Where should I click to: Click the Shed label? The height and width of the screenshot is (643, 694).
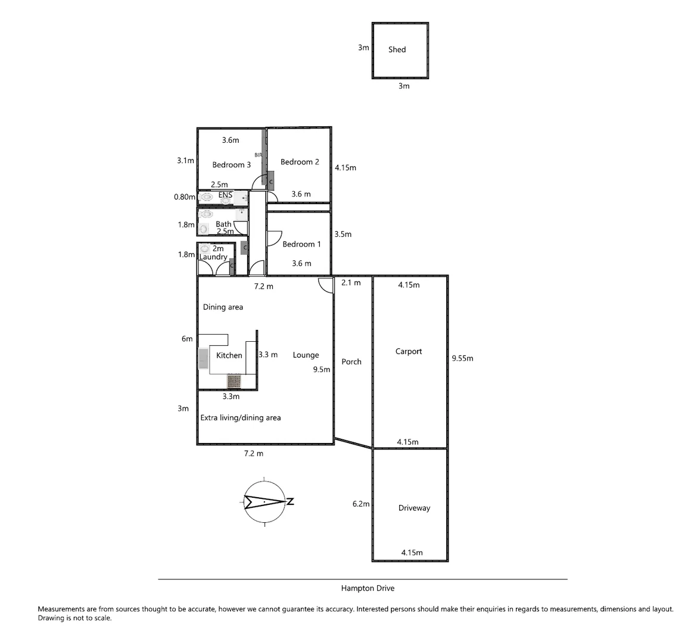pos(397,49)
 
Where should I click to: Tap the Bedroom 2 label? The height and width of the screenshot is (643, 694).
pos(300,162)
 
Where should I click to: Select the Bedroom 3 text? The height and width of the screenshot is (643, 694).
pos(231,165)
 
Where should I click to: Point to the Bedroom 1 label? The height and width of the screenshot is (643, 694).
pos(301,244)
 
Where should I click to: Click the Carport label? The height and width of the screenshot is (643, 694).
pos(409,351)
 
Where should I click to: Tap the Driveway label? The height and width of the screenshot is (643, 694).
pos(414,508)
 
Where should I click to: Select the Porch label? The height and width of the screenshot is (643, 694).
pos(351,361)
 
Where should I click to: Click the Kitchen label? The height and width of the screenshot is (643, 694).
pos(229,355)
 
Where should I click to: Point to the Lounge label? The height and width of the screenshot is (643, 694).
pos(306,355)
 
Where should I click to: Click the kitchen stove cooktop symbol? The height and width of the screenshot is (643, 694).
pos(234,381)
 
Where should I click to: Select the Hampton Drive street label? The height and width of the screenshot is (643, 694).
pos(368,588)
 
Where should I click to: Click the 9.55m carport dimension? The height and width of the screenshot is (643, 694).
pos(462,358)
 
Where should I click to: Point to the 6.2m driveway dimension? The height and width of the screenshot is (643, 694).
pos(361,504)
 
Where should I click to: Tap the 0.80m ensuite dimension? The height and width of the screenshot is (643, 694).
pos(185,196)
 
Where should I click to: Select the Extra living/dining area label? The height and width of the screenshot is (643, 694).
pos(240,417)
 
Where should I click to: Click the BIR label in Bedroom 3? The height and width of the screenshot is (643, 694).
pos(258,155)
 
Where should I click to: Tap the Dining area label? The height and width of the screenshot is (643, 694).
pos(223,307)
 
